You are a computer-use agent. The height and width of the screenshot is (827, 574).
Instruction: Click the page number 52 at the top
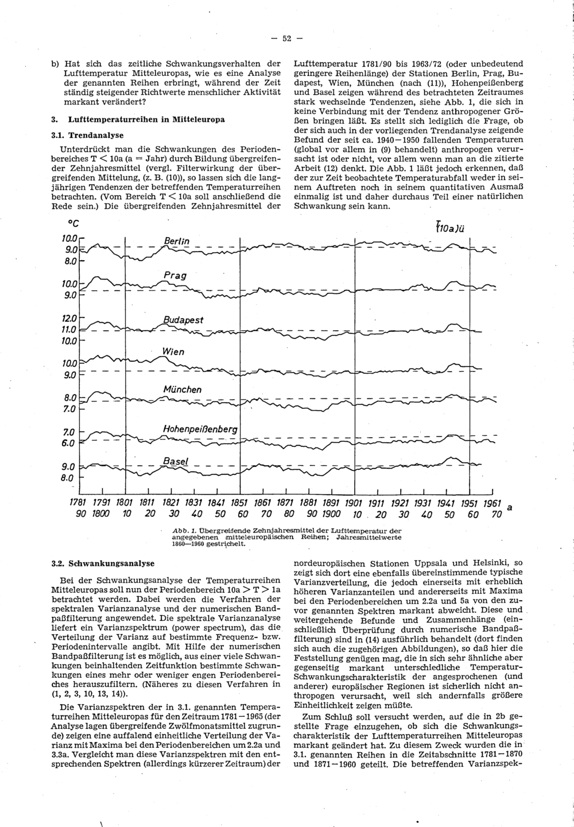click(287, 38)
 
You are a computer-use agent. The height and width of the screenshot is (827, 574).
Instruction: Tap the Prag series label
click(175, 276)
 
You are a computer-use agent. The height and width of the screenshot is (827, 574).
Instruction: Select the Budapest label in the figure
click(183, 320)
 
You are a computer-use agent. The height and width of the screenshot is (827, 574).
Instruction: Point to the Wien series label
click(173, 351)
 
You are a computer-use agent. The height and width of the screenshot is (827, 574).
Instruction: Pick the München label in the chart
click(182, 389)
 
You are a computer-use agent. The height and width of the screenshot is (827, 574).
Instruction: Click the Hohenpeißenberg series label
click(200, 428)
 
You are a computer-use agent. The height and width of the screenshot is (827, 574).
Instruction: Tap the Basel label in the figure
click(176, 461)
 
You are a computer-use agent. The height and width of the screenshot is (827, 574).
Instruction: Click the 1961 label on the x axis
click(492, 503)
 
